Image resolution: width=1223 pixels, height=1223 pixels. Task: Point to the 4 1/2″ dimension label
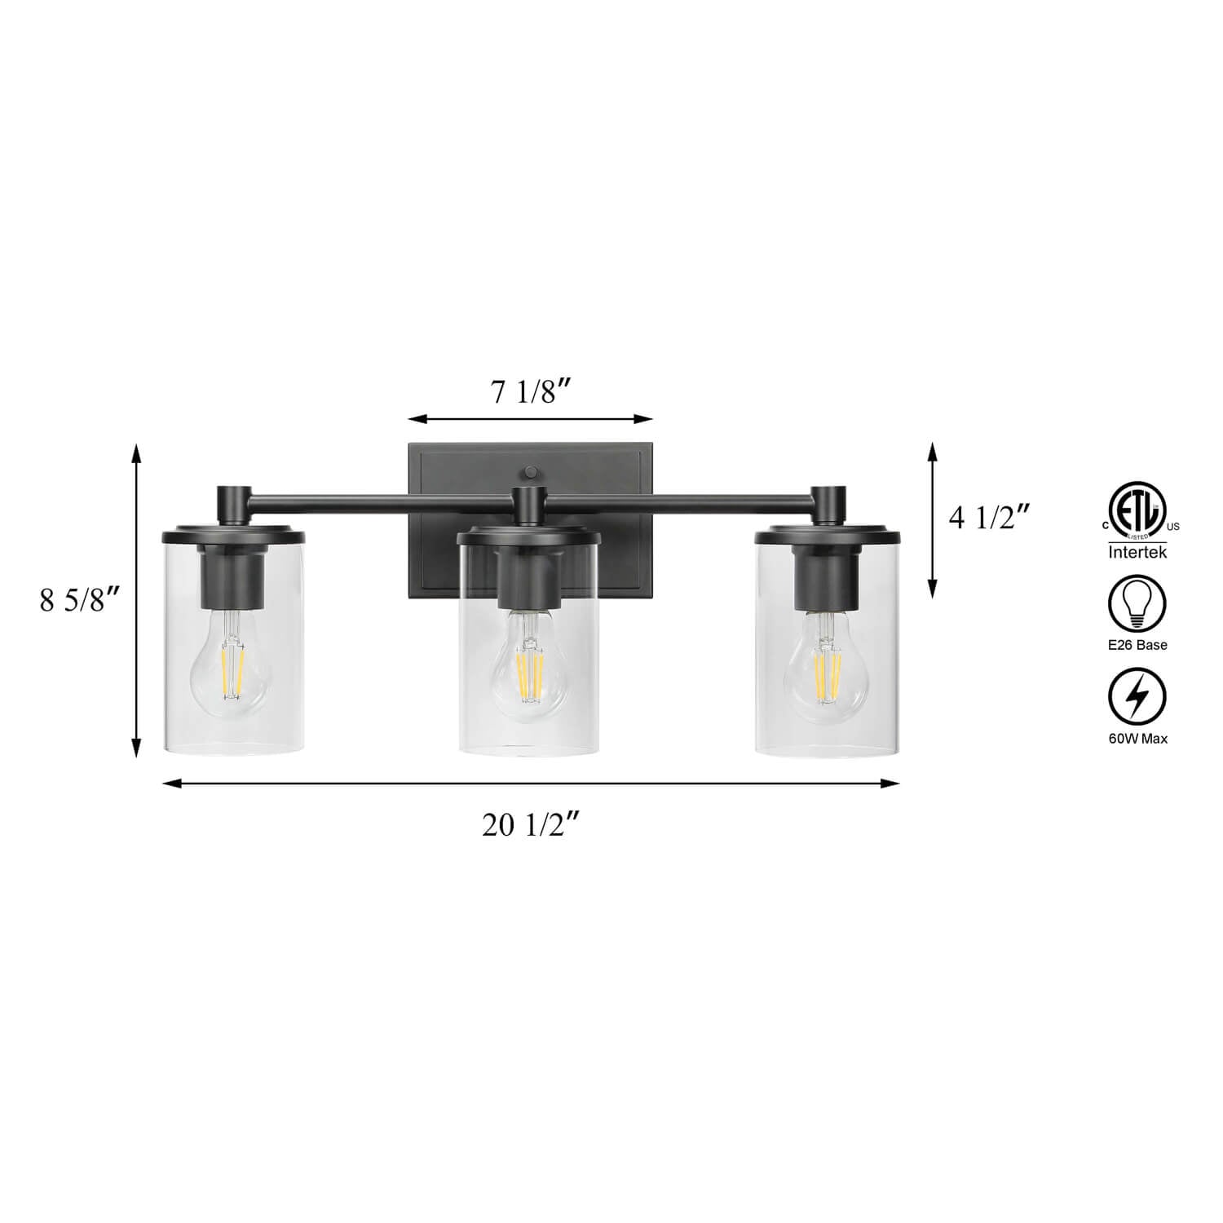pos(989,518)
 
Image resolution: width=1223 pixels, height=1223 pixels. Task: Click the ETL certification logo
pos(1137,517)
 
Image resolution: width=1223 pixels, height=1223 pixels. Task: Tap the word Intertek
pos(1137,553)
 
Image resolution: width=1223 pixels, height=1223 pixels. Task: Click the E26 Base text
pos(1137,645)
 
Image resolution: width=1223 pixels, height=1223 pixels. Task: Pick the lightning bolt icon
pos(1137,698)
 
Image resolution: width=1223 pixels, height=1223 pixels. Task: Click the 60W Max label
pos(1137,739)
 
